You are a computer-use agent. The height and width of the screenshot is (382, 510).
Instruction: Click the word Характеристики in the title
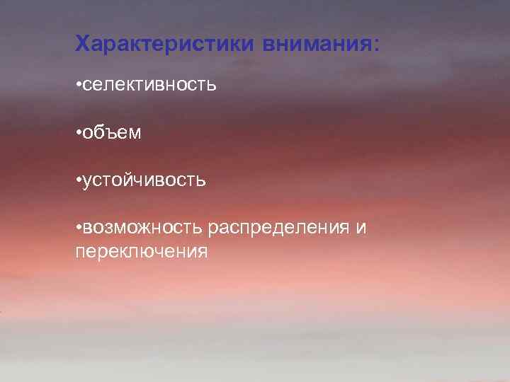166,44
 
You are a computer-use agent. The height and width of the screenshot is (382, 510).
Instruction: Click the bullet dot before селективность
78,86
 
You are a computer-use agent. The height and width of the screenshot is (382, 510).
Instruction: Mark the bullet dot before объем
78,132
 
